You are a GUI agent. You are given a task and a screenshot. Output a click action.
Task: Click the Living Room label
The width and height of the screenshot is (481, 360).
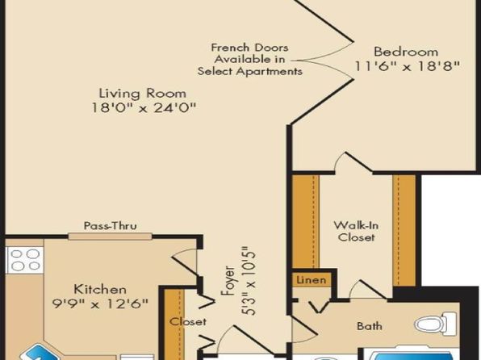pyautogui.click(x=143, y=94)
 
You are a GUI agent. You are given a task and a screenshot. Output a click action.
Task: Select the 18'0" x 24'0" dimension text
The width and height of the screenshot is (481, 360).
pyautogui.click(x=144, y=107)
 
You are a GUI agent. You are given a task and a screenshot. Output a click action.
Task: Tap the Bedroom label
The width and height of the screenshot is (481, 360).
pyautogui.click(x=406, y=52)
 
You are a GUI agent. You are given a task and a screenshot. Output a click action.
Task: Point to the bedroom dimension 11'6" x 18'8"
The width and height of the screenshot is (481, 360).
pyautogui.click(x=408, y=66)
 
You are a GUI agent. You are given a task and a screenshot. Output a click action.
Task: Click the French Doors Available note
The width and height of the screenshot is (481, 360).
pyautogui.click(x=249, y=59)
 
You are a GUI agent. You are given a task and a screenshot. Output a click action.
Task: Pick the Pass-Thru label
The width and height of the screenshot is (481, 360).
pyautogui.click(x=111, y=226)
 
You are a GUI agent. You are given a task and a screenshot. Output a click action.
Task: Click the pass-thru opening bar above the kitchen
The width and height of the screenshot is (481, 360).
pyautogui.click(x=110, y=237)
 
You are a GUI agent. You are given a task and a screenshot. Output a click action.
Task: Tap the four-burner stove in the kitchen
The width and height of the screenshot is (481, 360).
pyautogui.click(x=25, y=260)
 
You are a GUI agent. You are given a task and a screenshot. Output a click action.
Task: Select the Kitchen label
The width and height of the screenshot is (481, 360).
pyautogui.click(x=100, y=290)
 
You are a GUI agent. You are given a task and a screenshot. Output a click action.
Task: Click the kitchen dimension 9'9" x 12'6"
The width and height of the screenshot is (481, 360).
pyautogui.click(x=100, y=303)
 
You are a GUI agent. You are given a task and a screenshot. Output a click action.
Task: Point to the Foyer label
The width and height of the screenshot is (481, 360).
pyautogui.click(x=229, y=281)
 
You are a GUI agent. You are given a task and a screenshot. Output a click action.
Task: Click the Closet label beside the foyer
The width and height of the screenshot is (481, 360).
pyautogui.click(x=188, y=321)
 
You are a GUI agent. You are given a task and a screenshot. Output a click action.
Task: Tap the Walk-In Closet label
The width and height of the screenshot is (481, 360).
pyautogui.click(x=356, y=232)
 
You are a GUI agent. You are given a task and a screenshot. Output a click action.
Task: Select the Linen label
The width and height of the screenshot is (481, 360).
pyautogui.click(x=311, y=280)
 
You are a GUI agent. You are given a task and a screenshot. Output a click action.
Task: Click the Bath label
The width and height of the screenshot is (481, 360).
pyautogui.click(x=370, y=326)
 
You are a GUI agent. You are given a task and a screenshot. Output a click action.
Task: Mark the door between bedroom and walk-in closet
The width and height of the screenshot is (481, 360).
pyautogui.click(x=353, y=162)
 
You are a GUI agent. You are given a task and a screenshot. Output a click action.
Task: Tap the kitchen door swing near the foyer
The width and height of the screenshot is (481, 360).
pyautogui.click(x=184, y=262)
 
